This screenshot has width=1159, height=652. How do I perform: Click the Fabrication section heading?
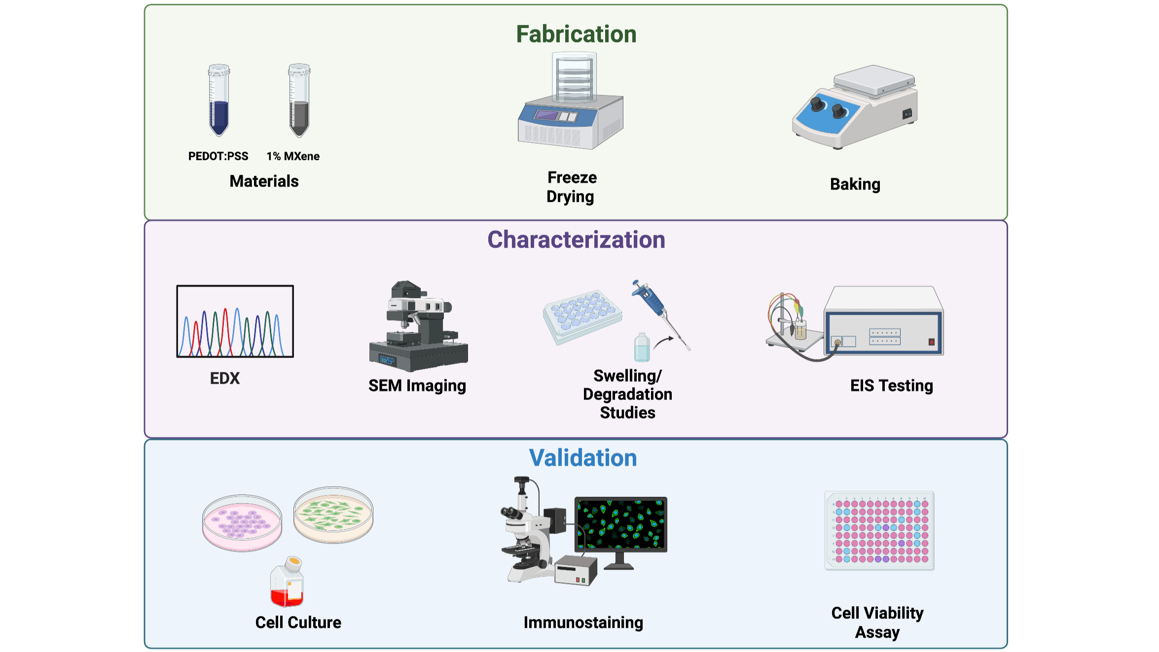[576, 34]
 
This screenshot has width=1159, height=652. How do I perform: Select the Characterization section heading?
[576, 240]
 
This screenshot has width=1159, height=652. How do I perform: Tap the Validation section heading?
[583, 458]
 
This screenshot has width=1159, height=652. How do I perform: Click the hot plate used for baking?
[855, 107]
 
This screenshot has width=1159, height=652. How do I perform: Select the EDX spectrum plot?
[235, 321]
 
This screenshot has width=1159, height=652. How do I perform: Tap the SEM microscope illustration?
[418, 326]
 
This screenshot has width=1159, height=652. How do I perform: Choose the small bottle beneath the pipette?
[642, 347]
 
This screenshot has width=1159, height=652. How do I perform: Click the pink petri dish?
[242, 523]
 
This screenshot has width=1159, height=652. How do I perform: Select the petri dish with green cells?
[333, 515]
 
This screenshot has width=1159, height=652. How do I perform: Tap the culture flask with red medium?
[287, 581]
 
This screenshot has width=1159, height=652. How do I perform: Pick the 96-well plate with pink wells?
[879, 531]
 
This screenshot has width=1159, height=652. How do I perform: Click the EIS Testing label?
[892, 386]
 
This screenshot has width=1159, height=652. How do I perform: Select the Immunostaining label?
[583, 623]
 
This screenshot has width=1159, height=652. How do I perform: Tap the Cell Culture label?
[298, 622]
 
